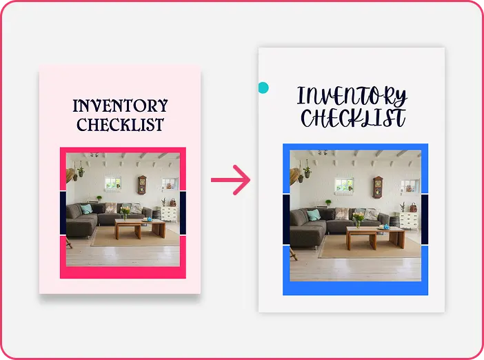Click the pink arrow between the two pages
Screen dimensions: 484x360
(x=230, y=180)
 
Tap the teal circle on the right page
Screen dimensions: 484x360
(x=263, y=88)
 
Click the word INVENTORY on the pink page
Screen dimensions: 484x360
(x=120, y=106)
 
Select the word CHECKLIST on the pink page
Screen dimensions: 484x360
(x=120, y=124)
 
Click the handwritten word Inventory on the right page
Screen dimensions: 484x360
(x=352, y=96)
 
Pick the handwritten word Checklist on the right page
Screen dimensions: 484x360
(x=353, y=118)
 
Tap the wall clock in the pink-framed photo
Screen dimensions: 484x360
(x=142, y=185)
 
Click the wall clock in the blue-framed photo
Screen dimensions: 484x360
(x=378, y=187)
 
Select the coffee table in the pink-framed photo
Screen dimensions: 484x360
(x=140, y=228)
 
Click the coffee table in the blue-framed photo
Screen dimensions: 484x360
(x=375, y=237)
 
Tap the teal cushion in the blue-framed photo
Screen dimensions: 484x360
(x=314, y=214)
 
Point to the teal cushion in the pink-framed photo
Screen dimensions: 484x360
(x=86, y=209)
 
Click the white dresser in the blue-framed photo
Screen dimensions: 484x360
(x=409, y=221)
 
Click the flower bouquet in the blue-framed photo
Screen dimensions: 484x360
(x=358, y=219)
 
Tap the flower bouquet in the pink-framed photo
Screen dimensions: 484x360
(x=125, y=212)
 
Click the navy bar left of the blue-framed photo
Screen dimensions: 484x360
(x=286, y=219)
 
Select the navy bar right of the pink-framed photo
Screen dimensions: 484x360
(x=183, y=213)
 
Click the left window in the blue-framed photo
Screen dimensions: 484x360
(x=344, y=186)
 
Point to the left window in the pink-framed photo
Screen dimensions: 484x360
(x=112, y=183)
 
